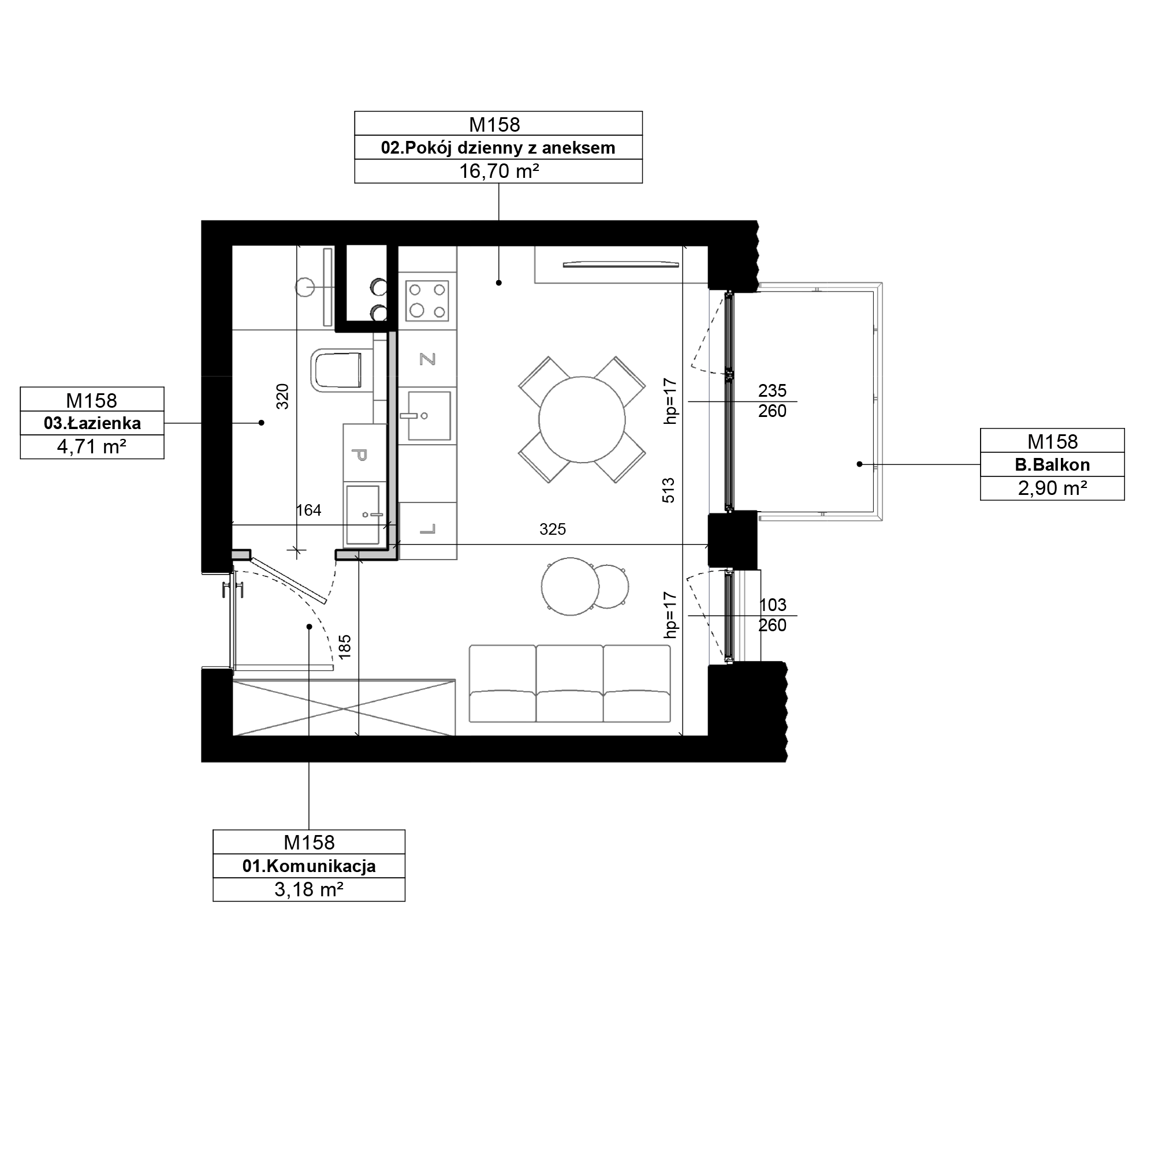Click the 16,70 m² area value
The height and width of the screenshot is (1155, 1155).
pyautogui.click(x=498, y=172)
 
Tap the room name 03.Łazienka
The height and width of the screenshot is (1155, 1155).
pyautogui.click(x=92, y=423)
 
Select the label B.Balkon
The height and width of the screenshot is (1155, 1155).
pyautogui.click(x=1052, y=464)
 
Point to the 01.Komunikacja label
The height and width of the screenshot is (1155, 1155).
pyautogui.click(x=309, y=866)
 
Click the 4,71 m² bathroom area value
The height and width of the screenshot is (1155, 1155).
pyautogui.click(x=92, y=447)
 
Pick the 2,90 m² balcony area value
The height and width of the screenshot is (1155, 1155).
pyautogui.click(x=1052, y=489)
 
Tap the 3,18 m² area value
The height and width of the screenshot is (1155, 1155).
pyautogui.click(x=309, y=889)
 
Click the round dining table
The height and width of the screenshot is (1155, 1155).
pyautogui.click(x=582, y=420)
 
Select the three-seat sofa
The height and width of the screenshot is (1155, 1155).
pyautogui.click(x=570, y=683)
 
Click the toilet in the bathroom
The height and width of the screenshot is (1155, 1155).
pyautogui.click(x=337, y=371)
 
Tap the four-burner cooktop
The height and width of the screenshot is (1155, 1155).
pyautogui.click(x=427, y=300)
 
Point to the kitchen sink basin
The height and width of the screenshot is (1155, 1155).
pyautogui.click(x=429, y=416)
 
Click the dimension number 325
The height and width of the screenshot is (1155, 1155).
pyautogui.click(x=553, y=529)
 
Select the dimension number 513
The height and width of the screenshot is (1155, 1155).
pyautogui.click(x=668, y=490)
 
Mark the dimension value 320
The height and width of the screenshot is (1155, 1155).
pyautogui.click(x=283, y=396)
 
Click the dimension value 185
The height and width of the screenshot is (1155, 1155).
pyautogui.click(x=345, y=647)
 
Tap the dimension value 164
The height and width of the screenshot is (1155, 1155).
pyautogui.click(x=308, y=510)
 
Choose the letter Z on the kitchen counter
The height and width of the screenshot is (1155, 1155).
pyautogui.click(x=427, y=359)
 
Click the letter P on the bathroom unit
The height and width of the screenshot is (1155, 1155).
pyautogui.click(x=360, y=455)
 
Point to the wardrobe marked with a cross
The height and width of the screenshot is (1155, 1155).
pyautogui.click(x=344, y=707)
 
